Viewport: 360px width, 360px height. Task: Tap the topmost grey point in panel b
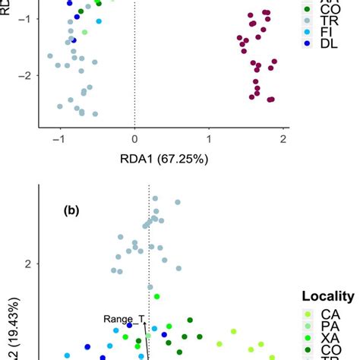[x=155, y=198]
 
